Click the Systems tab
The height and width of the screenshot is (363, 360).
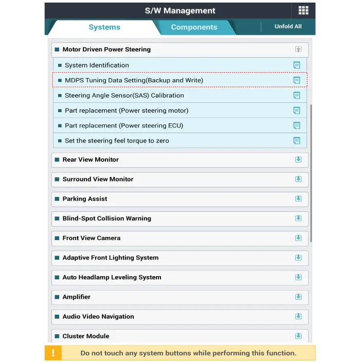click(x=104, y=27)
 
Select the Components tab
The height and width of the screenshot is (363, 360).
click(x=194, y=27)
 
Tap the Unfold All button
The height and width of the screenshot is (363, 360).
click(x=288, y=26)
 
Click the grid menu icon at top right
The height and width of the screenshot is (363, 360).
click(x=303, y=11)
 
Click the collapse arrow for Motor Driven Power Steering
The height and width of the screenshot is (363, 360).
click(x=298, y=49)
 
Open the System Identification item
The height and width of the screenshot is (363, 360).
click(x=97, y=65)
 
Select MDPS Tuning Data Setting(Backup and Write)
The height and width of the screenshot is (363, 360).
click(x=134, y=80)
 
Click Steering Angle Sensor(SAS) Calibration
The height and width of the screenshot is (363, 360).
click(x=124, y=95)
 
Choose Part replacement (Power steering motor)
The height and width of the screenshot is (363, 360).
click(x=127, y=111)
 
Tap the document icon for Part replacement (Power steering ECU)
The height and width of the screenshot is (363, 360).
click(x=297, y=125)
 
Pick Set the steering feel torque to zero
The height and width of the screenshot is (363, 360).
click(x=117, y=140)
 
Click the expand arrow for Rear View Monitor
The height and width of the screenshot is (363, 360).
click(x=298, y=159)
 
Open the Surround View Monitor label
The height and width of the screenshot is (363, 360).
click(x=98, y=179)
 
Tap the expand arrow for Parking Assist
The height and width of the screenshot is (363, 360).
click(x=298, y=199)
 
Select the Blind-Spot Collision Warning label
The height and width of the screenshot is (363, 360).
click(x=106, y=219)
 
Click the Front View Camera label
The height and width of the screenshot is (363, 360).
click(x=91, y=238)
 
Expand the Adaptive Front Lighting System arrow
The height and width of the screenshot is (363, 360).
click(x=298, y=258)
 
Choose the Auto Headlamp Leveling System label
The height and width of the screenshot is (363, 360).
click(x=112, y=277)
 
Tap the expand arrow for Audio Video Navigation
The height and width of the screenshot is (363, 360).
click(x=298, y=317)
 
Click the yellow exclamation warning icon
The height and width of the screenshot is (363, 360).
click(x=53, y=353)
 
